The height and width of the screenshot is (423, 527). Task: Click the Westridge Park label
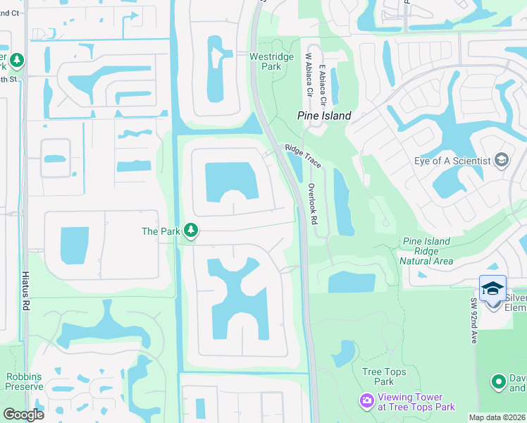click(x=265, y=61)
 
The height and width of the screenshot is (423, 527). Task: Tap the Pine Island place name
click(x=324, y=116)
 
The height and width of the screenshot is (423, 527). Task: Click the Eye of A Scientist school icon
click(x=501, y=160)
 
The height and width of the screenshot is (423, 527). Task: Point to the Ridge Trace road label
click(x=303, y=156)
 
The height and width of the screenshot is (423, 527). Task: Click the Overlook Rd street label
click(x=313, y=204)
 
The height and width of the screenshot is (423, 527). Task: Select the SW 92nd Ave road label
click(x=474, y=320)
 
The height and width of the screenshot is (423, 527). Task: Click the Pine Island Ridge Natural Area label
click(x=426, y=251)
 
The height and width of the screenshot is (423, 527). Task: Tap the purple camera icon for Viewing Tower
click(x=366, y=401)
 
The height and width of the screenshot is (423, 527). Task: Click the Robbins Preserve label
click(x=25, y=381)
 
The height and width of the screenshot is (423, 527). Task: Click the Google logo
click(x=23, y=415)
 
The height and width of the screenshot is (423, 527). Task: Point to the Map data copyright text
click(x=497, y=417)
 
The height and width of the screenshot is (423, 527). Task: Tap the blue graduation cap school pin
click(x=492, y=288)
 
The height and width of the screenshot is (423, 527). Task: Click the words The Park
click(x=161, y=231)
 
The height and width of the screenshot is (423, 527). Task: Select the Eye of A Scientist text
click(x=452, y=161)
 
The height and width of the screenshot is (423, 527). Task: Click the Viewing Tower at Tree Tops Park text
click(x=416, y=402)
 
